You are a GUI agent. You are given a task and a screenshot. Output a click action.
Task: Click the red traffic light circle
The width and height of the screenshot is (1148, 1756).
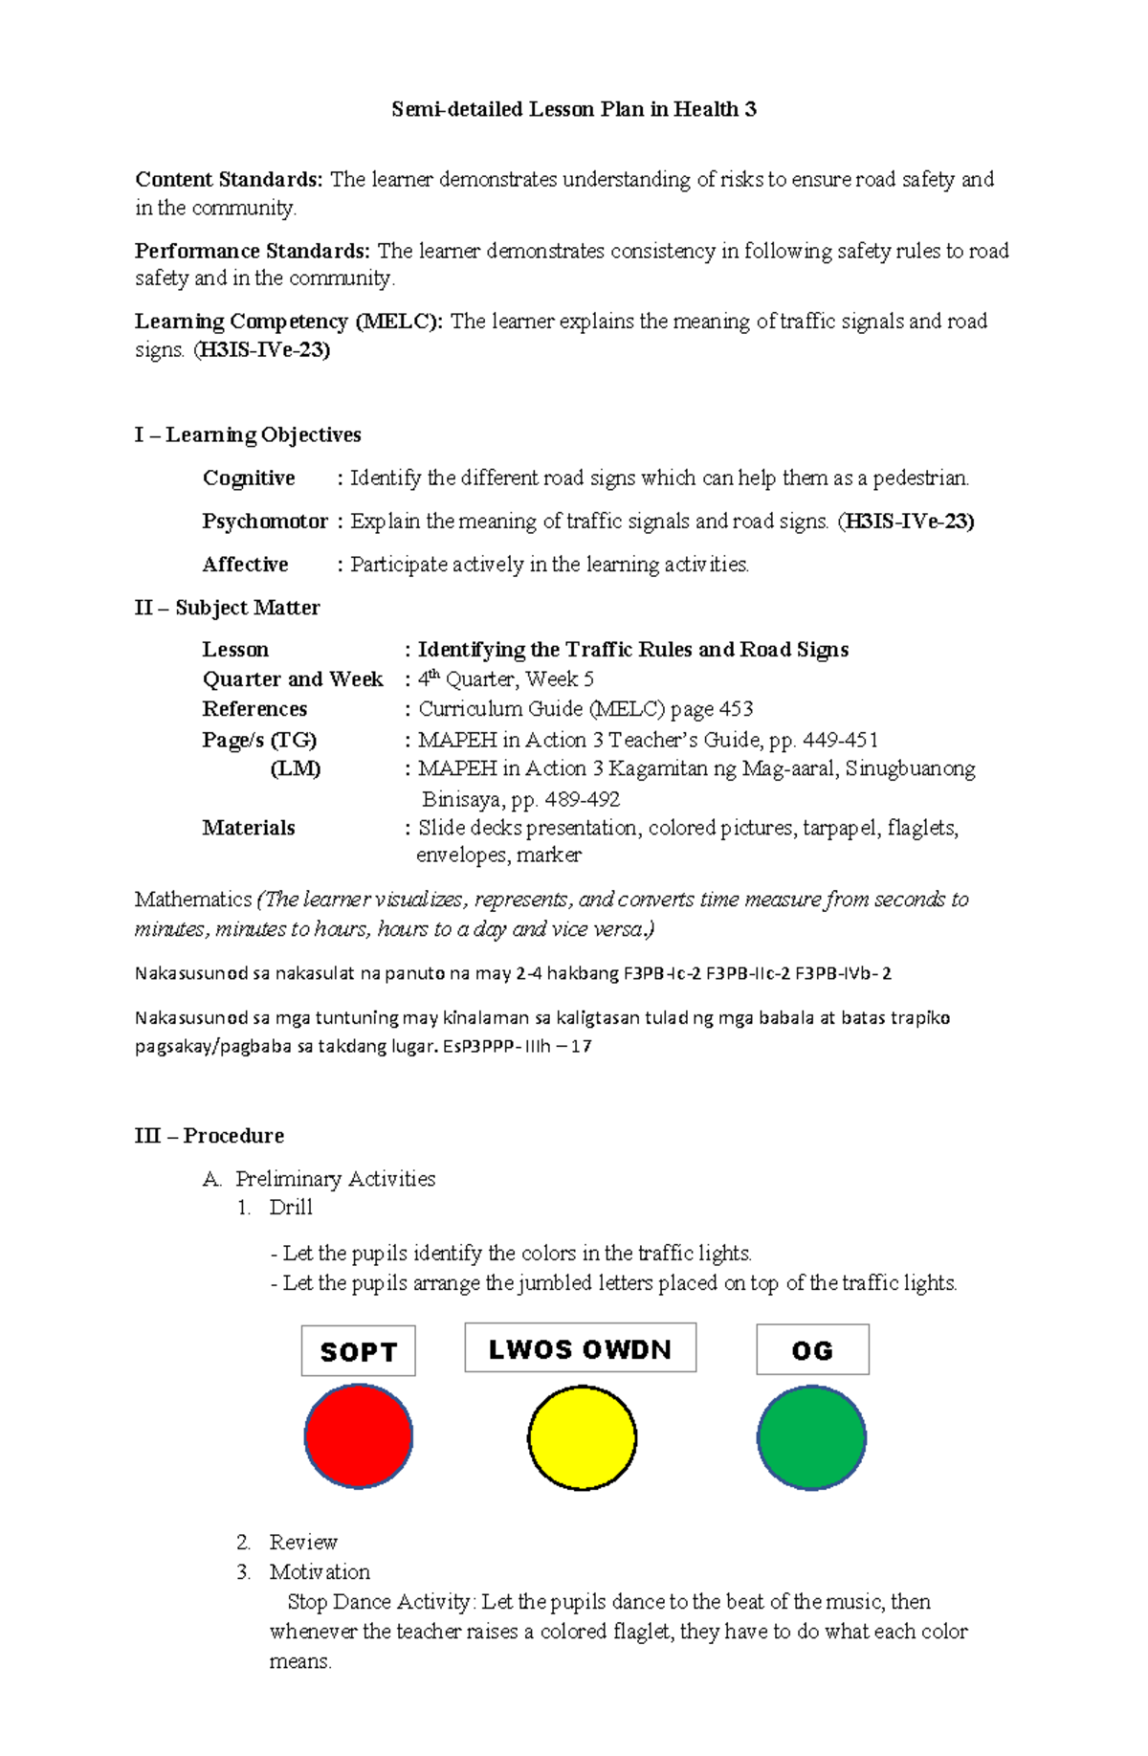(359, 1435)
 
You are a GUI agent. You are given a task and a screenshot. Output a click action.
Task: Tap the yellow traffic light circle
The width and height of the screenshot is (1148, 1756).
(582, 1437)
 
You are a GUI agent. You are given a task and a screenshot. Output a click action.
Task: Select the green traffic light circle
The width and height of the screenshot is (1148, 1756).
(811, 1437)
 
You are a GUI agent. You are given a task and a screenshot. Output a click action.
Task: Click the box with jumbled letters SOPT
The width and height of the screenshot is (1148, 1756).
(359, 1351)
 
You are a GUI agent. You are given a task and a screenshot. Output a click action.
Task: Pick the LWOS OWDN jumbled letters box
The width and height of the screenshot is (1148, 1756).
(581, 1348)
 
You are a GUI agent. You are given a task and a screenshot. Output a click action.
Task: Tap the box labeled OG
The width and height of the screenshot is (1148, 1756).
(812, 1350)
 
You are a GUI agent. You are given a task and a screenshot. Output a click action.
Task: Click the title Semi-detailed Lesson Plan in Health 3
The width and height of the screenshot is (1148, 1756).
(574, 109)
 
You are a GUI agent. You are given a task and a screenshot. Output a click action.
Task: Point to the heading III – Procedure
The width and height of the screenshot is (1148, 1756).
(210, 1135)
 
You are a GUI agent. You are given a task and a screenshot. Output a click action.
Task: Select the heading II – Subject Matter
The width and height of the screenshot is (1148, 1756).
(228, 608)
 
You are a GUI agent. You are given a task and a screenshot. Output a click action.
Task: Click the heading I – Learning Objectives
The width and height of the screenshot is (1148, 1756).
(248, 434)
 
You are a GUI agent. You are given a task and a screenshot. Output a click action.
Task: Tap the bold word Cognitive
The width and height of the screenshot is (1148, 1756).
(249, 478)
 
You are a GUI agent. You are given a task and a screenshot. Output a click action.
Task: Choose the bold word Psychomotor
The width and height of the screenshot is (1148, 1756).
(265, 522)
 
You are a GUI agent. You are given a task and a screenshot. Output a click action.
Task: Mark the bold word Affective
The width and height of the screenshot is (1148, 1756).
(245, 565)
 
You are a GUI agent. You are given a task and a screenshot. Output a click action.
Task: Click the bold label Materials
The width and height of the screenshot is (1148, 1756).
(249, 828)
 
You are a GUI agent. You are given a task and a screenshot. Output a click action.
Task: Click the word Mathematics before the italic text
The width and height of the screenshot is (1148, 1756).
(193, 900)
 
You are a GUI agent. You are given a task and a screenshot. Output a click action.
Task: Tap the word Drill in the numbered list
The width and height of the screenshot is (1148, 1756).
(291, 1208)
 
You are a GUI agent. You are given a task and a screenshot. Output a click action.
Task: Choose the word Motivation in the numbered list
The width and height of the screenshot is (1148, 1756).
(320, 1571)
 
